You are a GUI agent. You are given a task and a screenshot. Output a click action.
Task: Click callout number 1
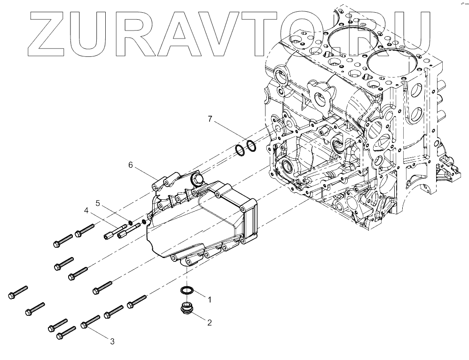point(210,298)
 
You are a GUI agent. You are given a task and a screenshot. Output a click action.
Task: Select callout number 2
point(210,322)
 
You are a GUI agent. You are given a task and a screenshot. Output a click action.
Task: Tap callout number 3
point(112,341)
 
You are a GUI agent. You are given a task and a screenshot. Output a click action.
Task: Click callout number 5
point(98,203)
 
